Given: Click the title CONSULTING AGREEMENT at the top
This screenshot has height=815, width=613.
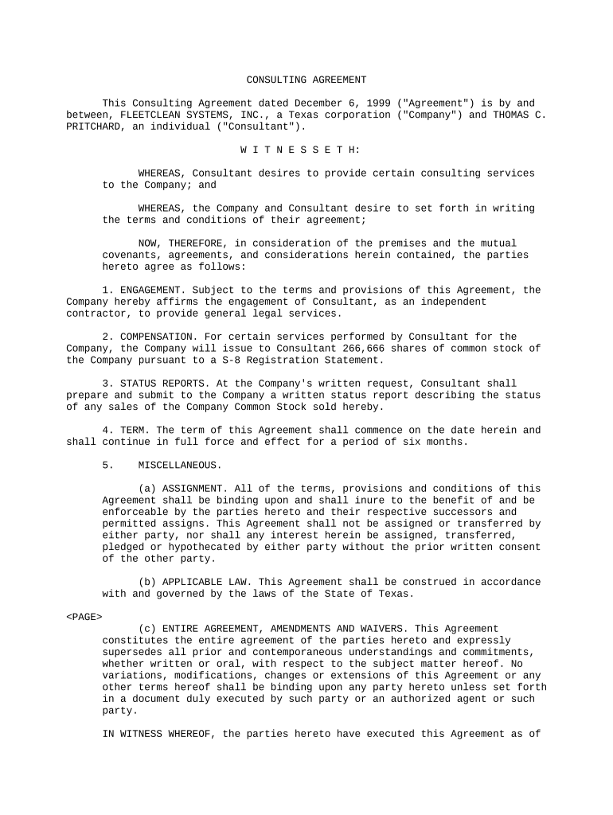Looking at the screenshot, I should [306, 80].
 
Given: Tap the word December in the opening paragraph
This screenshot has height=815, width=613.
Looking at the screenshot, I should [321, 103].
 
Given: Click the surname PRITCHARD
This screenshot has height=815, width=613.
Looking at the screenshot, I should [96, 127].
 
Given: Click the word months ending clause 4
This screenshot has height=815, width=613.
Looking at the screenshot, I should [450, 442].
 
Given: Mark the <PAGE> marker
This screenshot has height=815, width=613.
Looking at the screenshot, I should [84, 617].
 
